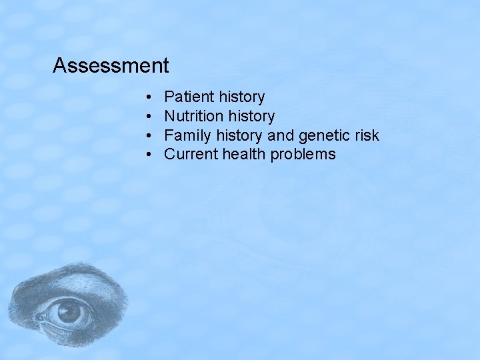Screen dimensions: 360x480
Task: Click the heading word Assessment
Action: pos(111,66)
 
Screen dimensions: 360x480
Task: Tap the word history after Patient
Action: pos(241,97)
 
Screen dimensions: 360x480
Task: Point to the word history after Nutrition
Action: pos(251,117)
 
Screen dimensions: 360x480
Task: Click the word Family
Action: pos(186,136)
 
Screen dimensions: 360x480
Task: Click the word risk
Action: pos(367,136)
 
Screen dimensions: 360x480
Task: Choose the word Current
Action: pos(191,155)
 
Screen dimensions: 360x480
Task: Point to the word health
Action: pos(243,155)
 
